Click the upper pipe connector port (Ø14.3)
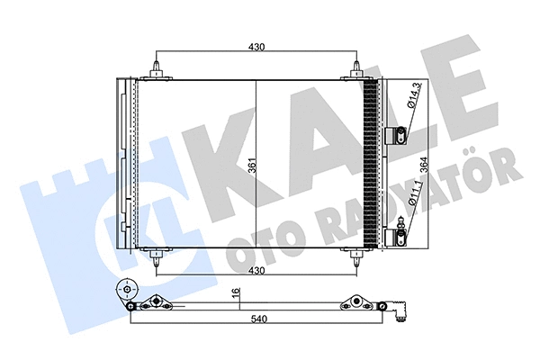(x=395, y=136)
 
